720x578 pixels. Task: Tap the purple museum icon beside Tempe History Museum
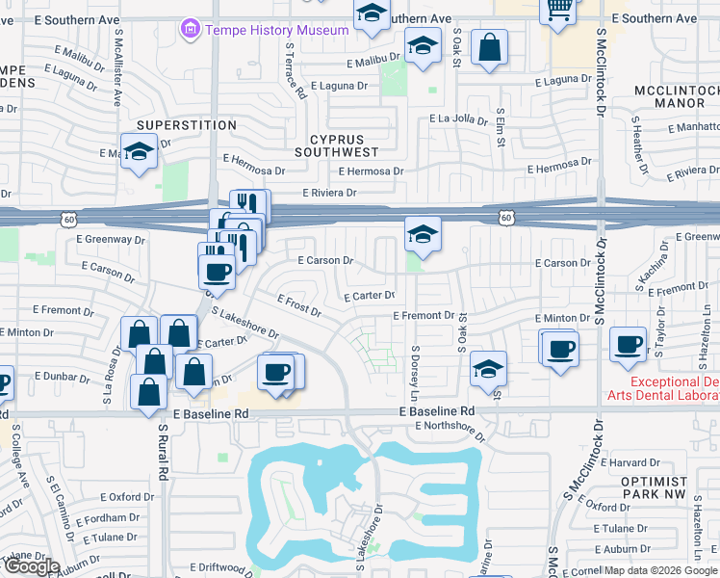190,30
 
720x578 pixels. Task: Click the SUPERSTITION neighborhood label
173,125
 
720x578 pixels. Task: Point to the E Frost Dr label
298,305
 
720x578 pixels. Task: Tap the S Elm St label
501,127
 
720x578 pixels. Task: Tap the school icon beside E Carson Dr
422,234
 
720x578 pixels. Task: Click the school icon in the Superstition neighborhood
140,151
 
